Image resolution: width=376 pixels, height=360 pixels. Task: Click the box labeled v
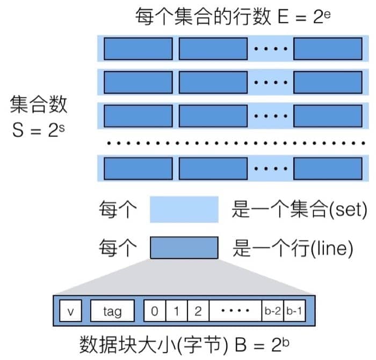click(70, 311)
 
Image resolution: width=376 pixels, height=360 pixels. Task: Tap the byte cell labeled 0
click(154, 311)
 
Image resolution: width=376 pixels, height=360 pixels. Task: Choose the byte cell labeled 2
click(197, 311)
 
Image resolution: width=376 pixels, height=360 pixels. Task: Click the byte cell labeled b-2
click(272, 311)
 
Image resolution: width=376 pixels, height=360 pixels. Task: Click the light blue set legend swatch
click(184, 209)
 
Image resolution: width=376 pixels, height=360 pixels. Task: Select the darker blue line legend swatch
click(184, 248)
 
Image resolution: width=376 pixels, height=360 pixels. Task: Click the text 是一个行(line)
click(292, 248)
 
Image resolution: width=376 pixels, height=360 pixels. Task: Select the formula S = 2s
click(39, 130)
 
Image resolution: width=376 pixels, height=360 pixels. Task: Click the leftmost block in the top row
click(138, 49)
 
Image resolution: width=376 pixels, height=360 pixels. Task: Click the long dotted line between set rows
click(231, 143)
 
